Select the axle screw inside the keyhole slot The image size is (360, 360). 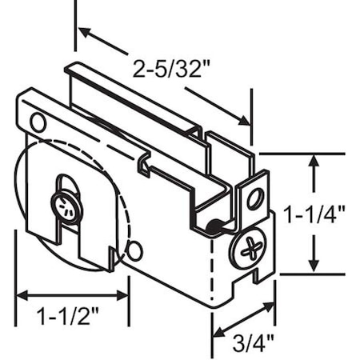click(65, 208)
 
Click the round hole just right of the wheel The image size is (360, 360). click(134, 250)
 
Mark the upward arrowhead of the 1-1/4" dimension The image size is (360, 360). click(315, 161)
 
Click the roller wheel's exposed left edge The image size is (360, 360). click(17, 200)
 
